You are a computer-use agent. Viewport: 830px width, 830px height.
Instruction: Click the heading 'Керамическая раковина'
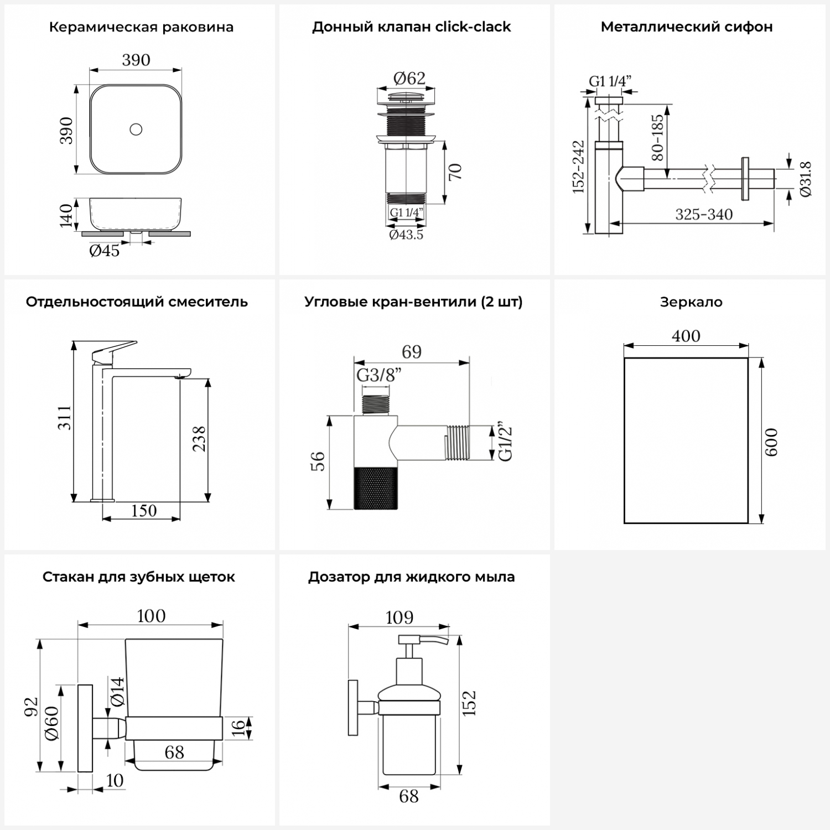pyautogui.click(x=141, y=27)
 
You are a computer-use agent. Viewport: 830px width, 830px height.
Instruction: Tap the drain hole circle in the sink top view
pyautogui.click(x=136, y=130)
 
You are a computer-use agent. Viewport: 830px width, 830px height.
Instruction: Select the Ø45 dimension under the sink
pyautogui.click(x=104, y=251)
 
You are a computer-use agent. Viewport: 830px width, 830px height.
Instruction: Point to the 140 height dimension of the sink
pyautogui.click(x=66, y=215)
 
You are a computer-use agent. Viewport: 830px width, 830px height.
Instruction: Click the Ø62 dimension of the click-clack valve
pyautogui.click(x=409, y=79)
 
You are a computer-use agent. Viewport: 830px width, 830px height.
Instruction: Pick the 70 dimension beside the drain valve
pyautogui.click(x=455, y=172)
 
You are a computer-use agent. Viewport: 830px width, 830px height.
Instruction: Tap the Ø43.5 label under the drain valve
pyautogui.click(x=406, y=235)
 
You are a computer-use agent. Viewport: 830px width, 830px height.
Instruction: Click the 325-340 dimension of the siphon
pyautogui.click(x=703, y=214)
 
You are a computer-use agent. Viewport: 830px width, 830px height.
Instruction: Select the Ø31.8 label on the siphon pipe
pyautogui.click(x=805, y=179)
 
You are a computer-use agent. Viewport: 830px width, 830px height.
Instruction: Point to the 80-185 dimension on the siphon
pyautogui.click(x=657, y=137)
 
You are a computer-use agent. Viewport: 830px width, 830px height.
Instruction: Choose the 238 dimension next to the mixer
pyautogui.click(x=199, y=438)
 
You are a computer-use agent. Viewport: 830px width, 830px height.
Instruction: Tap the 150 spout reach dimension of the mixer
pyautogui.click(x=143, y=510)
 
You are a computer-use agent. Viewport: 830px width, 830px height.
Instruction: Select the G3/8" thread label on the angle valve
pyautogui.click(x=378, y=375)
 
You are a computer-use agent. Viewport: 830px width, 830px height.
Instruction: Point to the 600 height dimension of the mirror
pyautogui.click(x=771, y=442)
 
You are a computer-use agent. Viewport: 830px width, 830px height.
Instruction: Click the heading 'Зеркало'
pyautogui.click(x=691, y=302)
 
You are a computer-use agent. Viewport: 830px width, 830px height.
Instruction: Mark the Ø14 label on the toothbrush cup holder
pyautogui.click(x=117, y=691)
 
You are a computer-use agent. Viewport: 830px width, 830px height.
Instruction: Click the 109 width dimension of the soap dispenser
pyautogui.click(x=399, y=617)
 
